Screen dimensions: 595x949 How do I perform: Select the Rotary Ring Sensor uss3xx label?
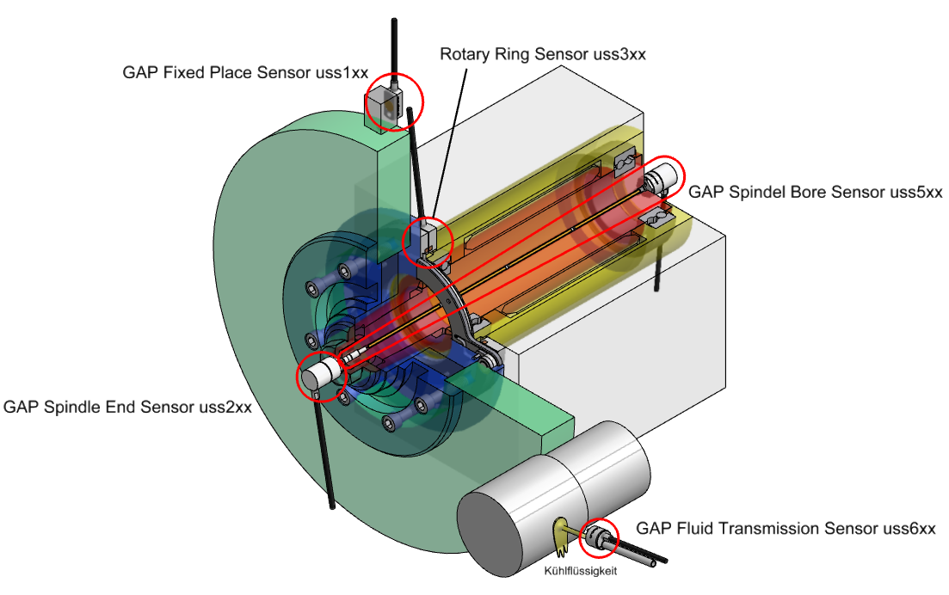tap(542, 54)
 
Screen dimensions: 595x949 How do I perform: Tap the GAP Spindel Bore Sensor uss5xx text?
tap(815, 192)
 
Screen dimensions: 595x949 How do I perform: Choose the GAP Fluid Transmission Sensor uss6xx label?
tap(785, 528)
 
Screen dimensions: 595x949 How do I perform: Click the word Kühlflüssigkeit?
tap(581, 569)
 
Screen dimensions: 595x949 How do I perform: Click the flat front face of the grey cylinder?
tap(495, 534)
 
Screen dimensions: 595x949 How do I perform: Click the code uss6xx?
tap(909, 528)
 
